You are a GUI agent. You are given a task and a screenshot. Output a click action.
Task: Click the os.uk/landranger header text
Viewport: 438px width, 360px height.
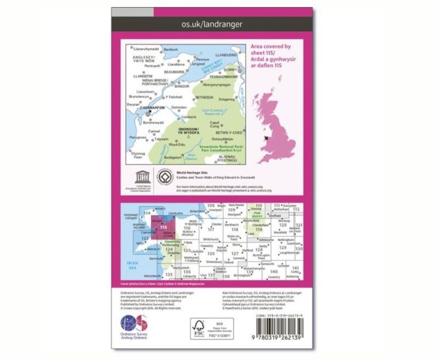[x=219, y=26]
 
